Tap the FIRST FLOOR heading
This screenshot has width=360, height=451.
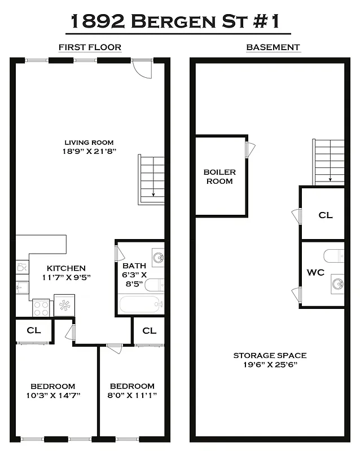(x=90, y=47)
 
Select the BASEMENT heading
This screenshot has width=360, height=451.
(x=273, y=47)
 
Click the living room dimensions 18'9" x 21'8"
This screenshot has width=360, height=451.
(x=89, y=152)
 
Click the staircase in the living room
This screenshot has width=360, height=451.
(x=151, y=179)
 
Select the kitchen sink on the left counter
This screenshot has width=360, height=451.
(x=21, y=288)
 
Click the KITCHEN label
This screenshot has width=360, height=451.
(x=66, y=268)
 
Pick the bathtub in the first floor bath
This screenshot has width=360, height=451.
(x=141, y=305)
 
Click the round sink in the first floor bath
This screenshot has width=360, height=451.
(x=158, y=258)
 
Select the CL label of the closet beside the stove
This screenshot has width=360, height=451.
(x=34, y=330)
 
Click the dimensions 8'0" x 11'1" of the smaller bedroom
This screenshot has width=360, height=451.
(x=131, y=395)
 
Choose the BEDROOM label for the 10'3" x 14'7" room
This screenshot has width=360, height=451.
(x=52, y=386)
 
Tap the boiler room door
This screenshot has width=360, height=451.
(x=251, y=149)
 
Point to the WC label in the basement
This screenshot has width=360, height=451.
(x=315, y=272)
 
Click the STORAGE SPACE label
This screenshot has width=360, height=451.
(x=270, y=355)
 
